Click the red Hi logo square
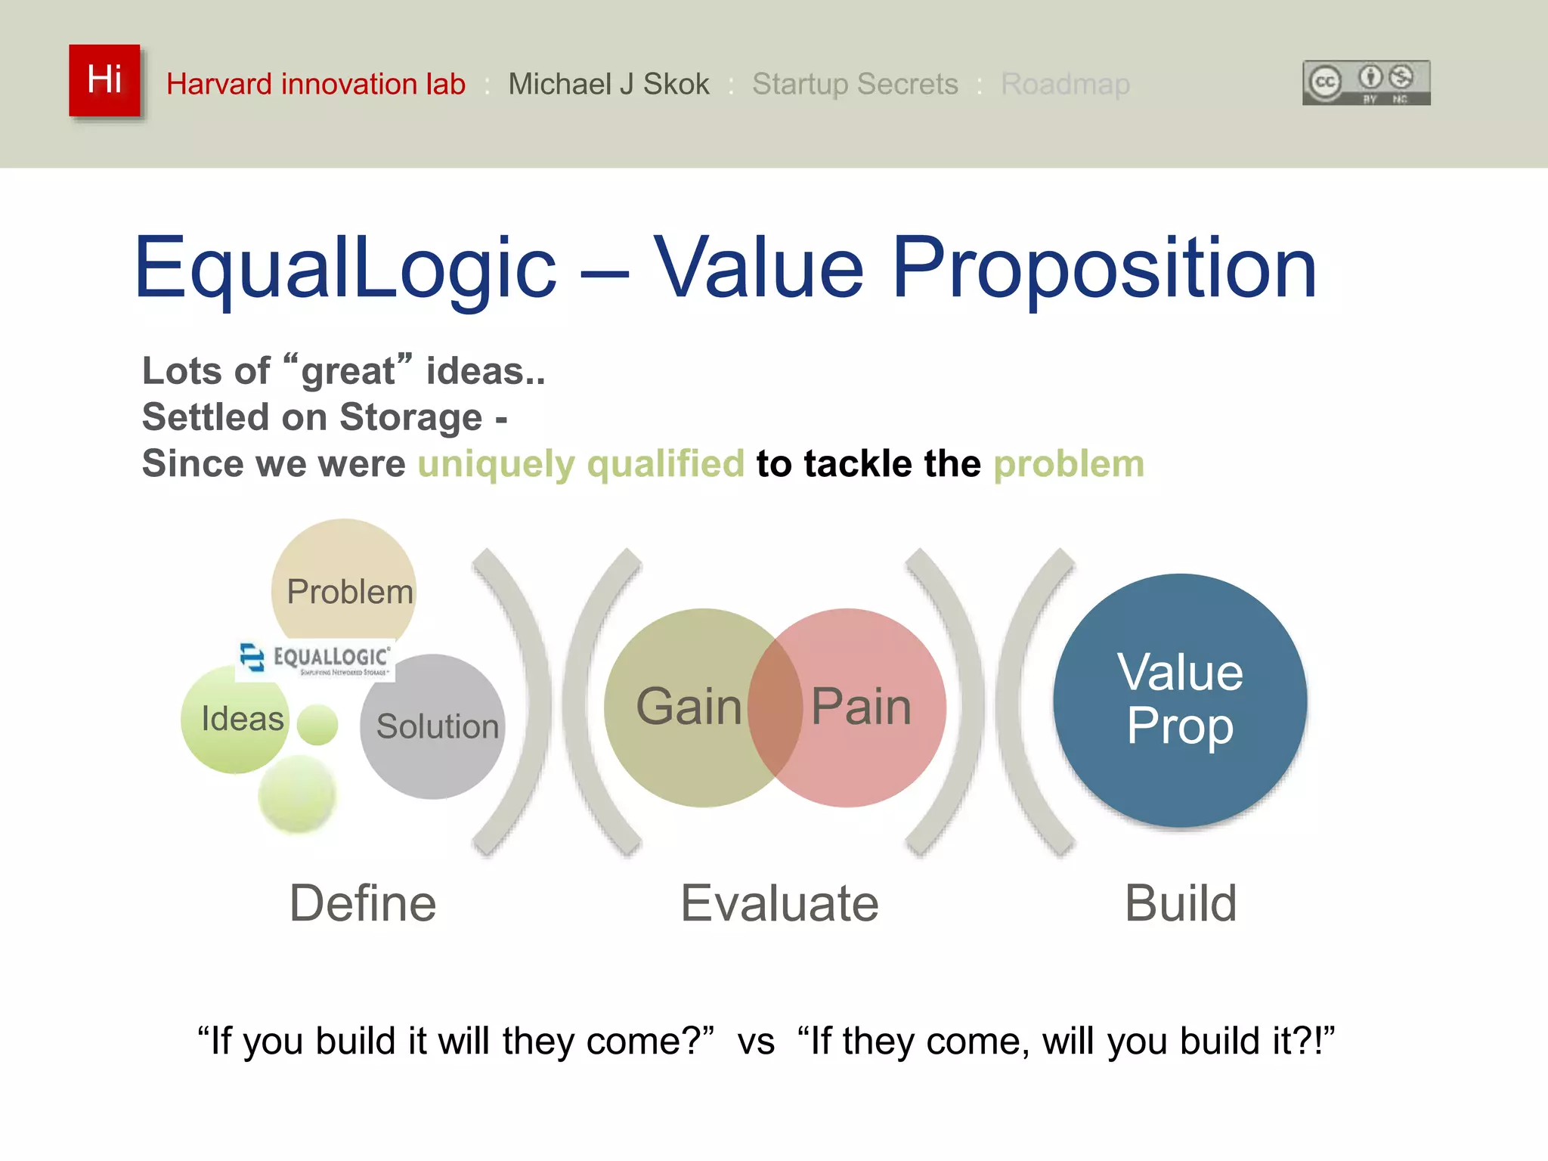104,80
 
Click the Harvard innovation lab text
315,84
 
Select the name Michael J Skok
608,84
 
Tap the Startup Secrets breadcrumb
854,84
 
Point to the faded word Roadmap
1064,84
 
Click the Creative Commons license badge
1365,83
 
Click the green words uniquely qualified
580,463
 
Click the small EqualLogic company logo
315,659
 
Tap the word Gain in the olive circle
688,707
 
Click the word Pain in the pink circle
862,707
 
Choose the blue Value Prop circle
1179,699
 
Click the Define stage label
363,903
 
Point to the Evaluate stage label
779,903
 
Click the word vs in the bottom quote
756,1042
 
